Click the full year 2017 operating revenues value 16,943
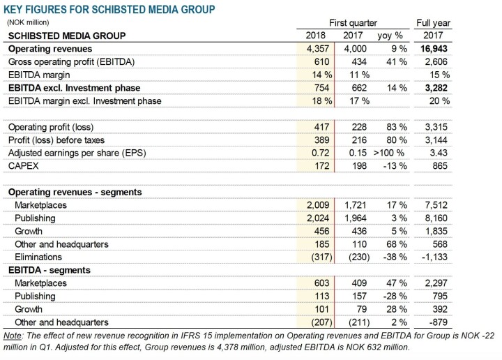434,49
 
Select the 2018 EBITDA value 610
321,62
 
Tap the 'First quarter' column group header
353,23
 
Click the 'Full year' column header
433,23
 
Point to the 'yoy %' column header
390,36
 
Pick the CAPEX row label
24,166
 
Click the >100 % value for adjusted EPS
389,153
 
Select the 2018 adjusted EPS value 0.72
321,153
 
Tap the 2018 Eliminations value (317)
321,257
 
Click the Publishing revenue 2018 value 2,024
318,218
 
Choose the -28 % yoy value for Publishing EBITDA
395,296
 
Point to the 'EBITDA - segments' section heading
50,270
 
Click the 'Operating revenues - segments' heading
75,192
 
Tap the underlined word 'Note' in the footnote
13,336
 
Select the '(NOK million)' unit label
28,22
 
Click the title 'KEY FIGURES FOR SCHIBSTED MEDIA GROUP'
109,9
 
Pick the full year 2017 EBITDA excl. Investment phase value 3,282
436,88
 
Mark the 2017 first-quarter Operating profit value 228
359,127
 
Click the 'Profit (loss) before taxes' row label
56,140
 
